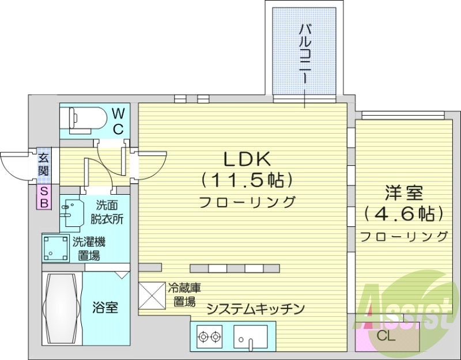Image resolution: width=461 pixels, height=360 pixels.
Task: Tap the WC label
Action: tap(118, 120)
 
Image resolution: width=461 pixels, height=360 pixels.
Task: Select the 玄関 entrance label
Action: tap(44, 164)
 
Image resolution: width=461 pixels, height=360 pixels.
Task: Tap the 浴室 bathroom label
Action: tap(105, 308)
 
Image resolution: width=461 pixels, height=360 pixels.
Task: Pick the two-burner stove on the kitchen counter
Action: tap(209, 336)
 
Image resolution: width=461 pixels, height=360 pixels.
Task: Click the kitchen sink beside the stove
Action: tap(251, 336)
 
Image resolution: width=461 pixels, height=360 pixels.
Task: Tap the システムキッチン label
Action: tap(255, 309)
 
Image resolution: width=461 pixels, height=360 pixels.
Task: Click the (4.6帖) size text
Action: tap(405, 214)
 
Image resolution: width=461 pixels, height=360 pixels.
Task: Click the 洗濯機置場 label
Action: tap(89, 249)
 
